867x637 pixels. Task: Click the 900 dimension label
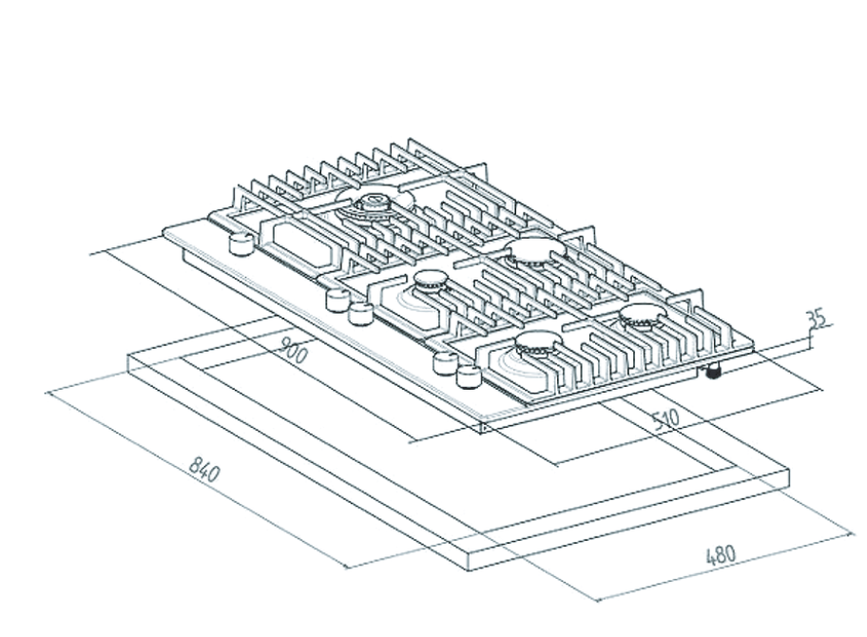[x=296, y=354]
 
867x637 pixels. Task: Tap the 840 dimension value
[x=203, y=469]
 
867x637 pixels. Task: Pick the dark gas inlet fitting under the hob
[x=713, y=372]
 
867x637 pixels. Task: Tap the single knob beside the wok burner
[x=238, y=245]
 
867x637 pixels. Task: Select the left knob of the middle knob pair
[x=337, y=300]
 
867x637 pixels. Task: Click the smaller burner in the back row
[x=534, y=251]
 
